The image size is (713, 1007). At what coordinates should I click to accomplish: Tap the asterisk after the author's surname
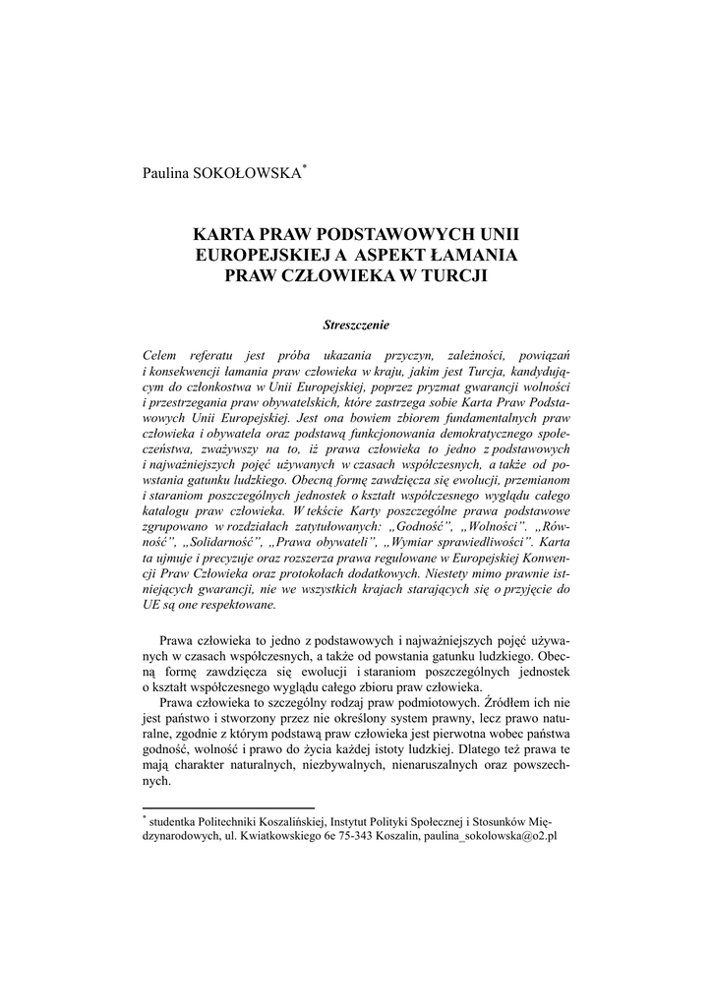pos(306,168)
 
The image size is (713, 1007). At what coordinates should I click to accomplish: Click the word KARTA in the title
pos(221,236)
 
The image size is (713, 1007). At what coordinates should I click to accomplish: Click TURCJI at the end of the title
pos(455,275)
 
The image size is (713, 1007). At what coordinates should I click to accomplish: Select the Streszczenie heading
pos(356,324)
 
